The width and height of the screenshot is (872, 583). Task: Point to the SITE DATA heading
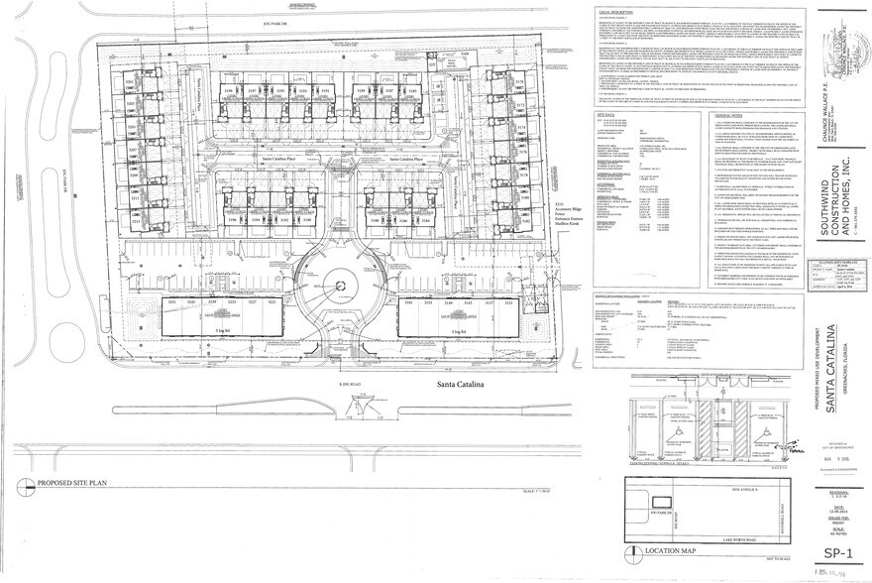(606, 115)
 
